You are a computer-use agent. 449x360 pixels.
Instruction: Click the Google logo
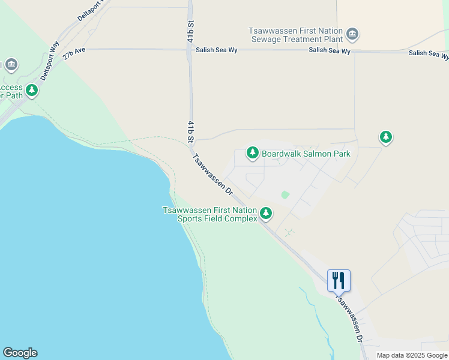coord(20,353)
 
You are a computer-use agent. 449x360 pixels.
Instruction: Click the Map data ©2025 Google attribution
coord(412,355)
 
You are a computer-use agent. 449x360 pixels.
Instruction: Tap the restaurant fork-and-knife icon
coord(339,280)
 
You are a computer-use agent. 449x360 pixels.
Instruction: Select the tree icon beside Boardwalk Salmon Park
coord(253,154)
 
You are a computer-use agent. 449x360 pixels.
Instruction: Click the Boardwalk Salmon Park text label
coord(306,154)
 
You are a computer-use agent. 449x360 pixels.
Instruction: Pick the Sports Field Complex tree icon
coord(266,213)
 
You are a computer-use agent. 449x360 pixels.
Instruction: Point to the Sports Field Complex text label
coord(209,214)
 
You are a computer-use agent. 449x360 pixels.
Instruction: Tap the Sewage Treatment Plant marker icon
coord(353,34)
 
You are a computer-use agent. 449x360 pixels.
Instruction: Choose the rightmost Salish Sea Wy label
coord(429,54)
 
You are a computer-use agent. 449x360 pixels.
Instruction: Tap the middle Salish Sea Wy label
coord(330,52)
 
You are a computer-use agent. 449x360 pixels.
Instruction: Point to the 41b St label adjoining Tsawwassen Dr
coord(190,132)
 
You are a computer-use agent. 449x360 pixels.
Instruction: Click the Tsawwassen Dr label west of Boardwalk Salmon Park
coord(212,175)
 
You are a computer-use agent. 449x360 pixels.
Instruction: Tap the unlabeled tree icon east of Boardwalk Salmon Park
coord(386,137)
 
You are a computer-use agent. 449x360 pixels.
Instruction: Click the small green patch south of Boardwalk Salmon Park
coord(285,195)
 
